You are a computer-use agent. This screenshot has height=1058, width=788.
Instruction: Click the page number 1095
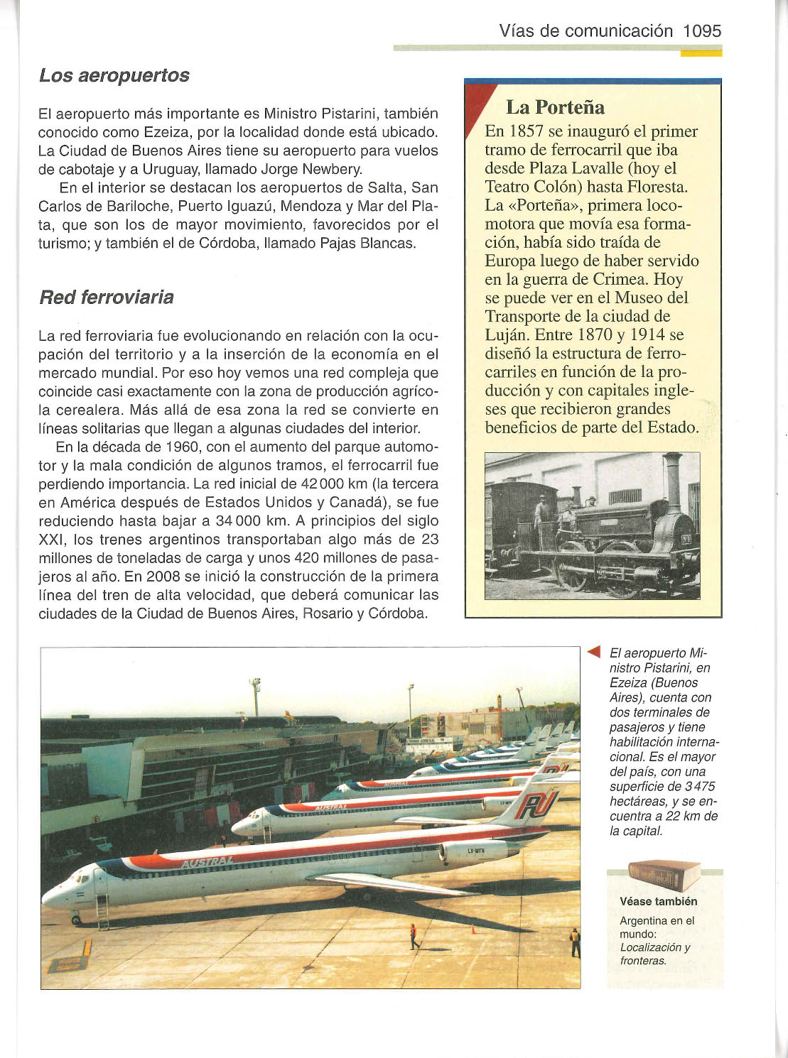pos(701,31)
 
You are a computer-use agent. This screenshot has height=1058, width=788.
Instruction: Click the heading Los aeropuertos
pos(114,75)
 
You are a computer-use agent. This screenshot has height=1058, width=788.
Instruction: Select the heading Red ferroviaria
pos(106,297)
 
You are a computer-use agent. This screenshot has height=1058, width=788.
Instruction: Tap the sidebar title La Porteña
pos(555,107)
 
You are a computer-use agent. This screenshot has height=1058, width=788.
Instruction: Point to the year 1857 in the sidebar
pos(527,131)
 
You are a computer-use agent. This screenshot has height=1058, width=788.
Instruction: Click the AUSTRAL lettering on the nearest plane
pos(207,861)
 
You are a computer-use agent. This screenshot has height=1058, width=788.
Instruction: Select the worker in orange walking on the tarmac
pos(413,936)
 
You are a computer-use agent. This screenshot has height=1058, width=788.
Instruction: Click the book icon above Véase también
pos(664,875)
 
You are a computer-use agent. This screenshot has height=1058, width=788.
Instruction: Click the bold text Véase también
pos(659,901)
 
